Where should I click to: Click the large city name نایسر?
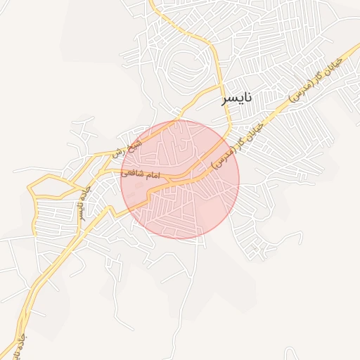coord(236,98)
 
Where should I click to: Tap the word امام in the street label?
coord(151,174)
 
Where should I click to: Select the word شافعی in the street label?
coord(133,172)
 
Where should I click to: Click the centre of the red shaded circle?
coord(180,179)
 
